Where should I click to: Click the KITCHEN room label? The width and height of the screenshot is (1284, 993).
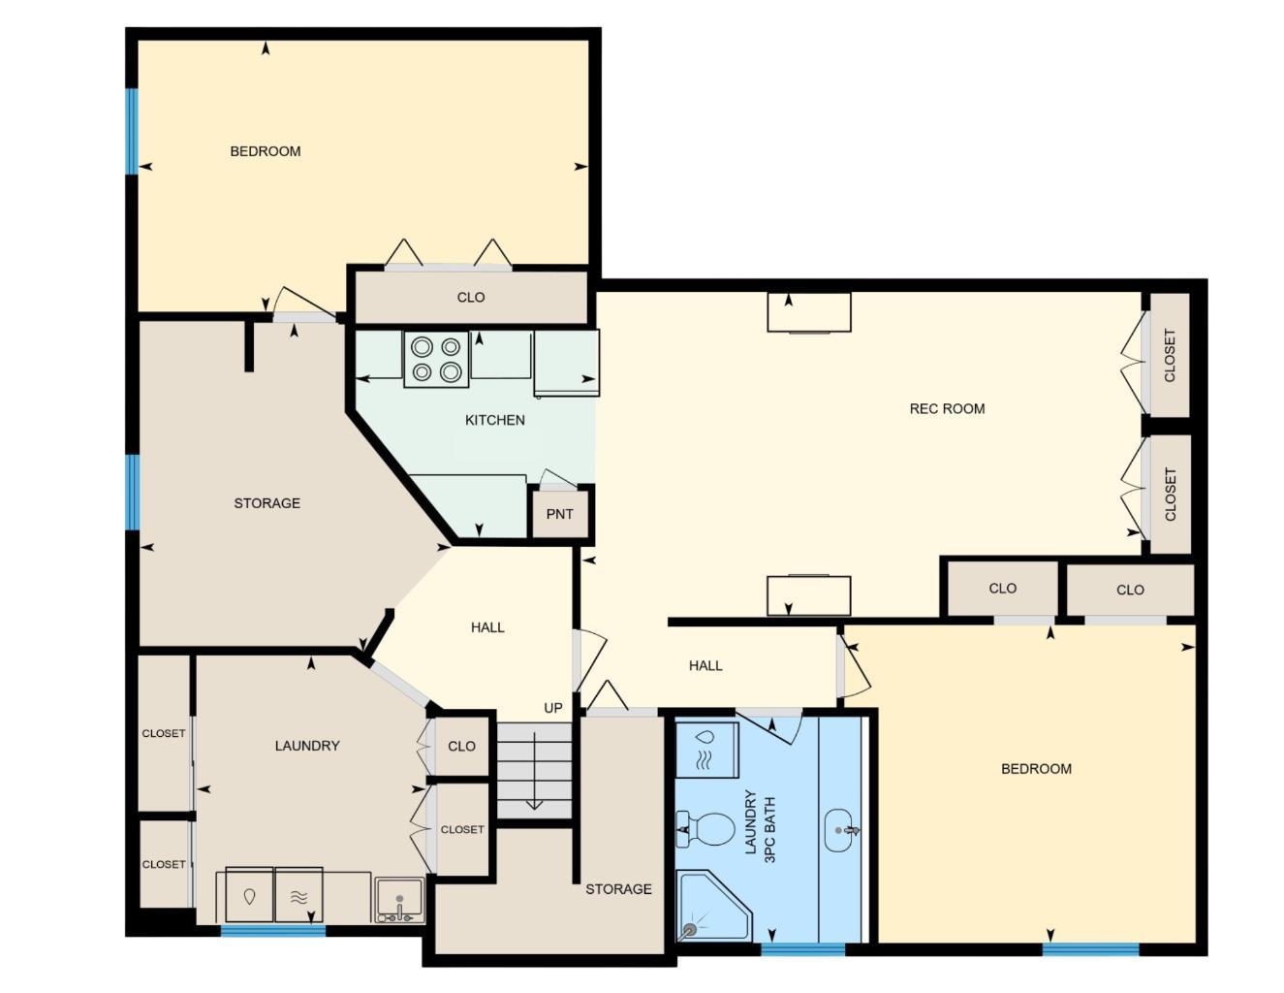[x=494, y=420]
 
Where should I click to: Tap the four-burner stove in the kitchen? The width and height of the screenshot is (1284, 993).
[x=436, y=359]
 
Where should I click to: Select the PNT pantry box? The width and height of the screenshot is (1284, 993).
[x=560, y=514]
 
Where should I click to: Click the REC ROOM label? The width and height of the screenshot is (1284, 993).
[x=947, y=408]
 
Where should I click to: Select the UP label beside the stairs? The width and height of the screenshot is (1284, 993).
[x=552, y=708]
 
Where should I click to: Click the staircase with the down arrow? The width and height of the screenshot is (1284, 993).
[x=534, y=771]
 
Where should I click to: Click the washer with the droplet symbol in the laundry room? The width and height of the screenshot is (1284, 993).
[x=249, y=895]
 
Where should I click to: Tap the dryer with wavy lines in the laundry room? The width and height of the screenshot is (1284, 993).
[x=298, y=895]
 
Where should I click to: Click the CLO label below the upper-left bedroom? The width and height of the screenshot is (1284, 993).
[x=471, y=297]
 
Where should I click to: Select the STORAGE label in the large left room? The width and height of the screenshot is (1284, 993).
[x=266, y=502]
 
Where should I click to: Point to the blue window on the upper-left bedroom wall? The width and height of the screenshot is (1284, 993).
[x=132, y=131]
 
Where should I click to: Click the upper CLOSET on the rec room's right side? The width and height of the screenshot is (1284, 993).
[x=1169, y=355]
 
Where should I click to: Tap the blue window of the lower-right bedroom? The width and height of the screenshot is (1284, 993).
[x=1090, y=948]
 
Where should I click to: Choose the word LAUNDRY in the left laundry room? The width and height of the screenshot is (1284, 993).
[x=307, y=745]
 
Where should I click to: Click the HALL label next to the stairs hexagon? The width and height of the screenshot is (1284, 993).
[x=487, y=627]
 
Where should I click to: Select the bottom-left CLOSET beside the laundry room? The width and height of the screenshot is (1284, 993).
[x=164, y=864]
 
